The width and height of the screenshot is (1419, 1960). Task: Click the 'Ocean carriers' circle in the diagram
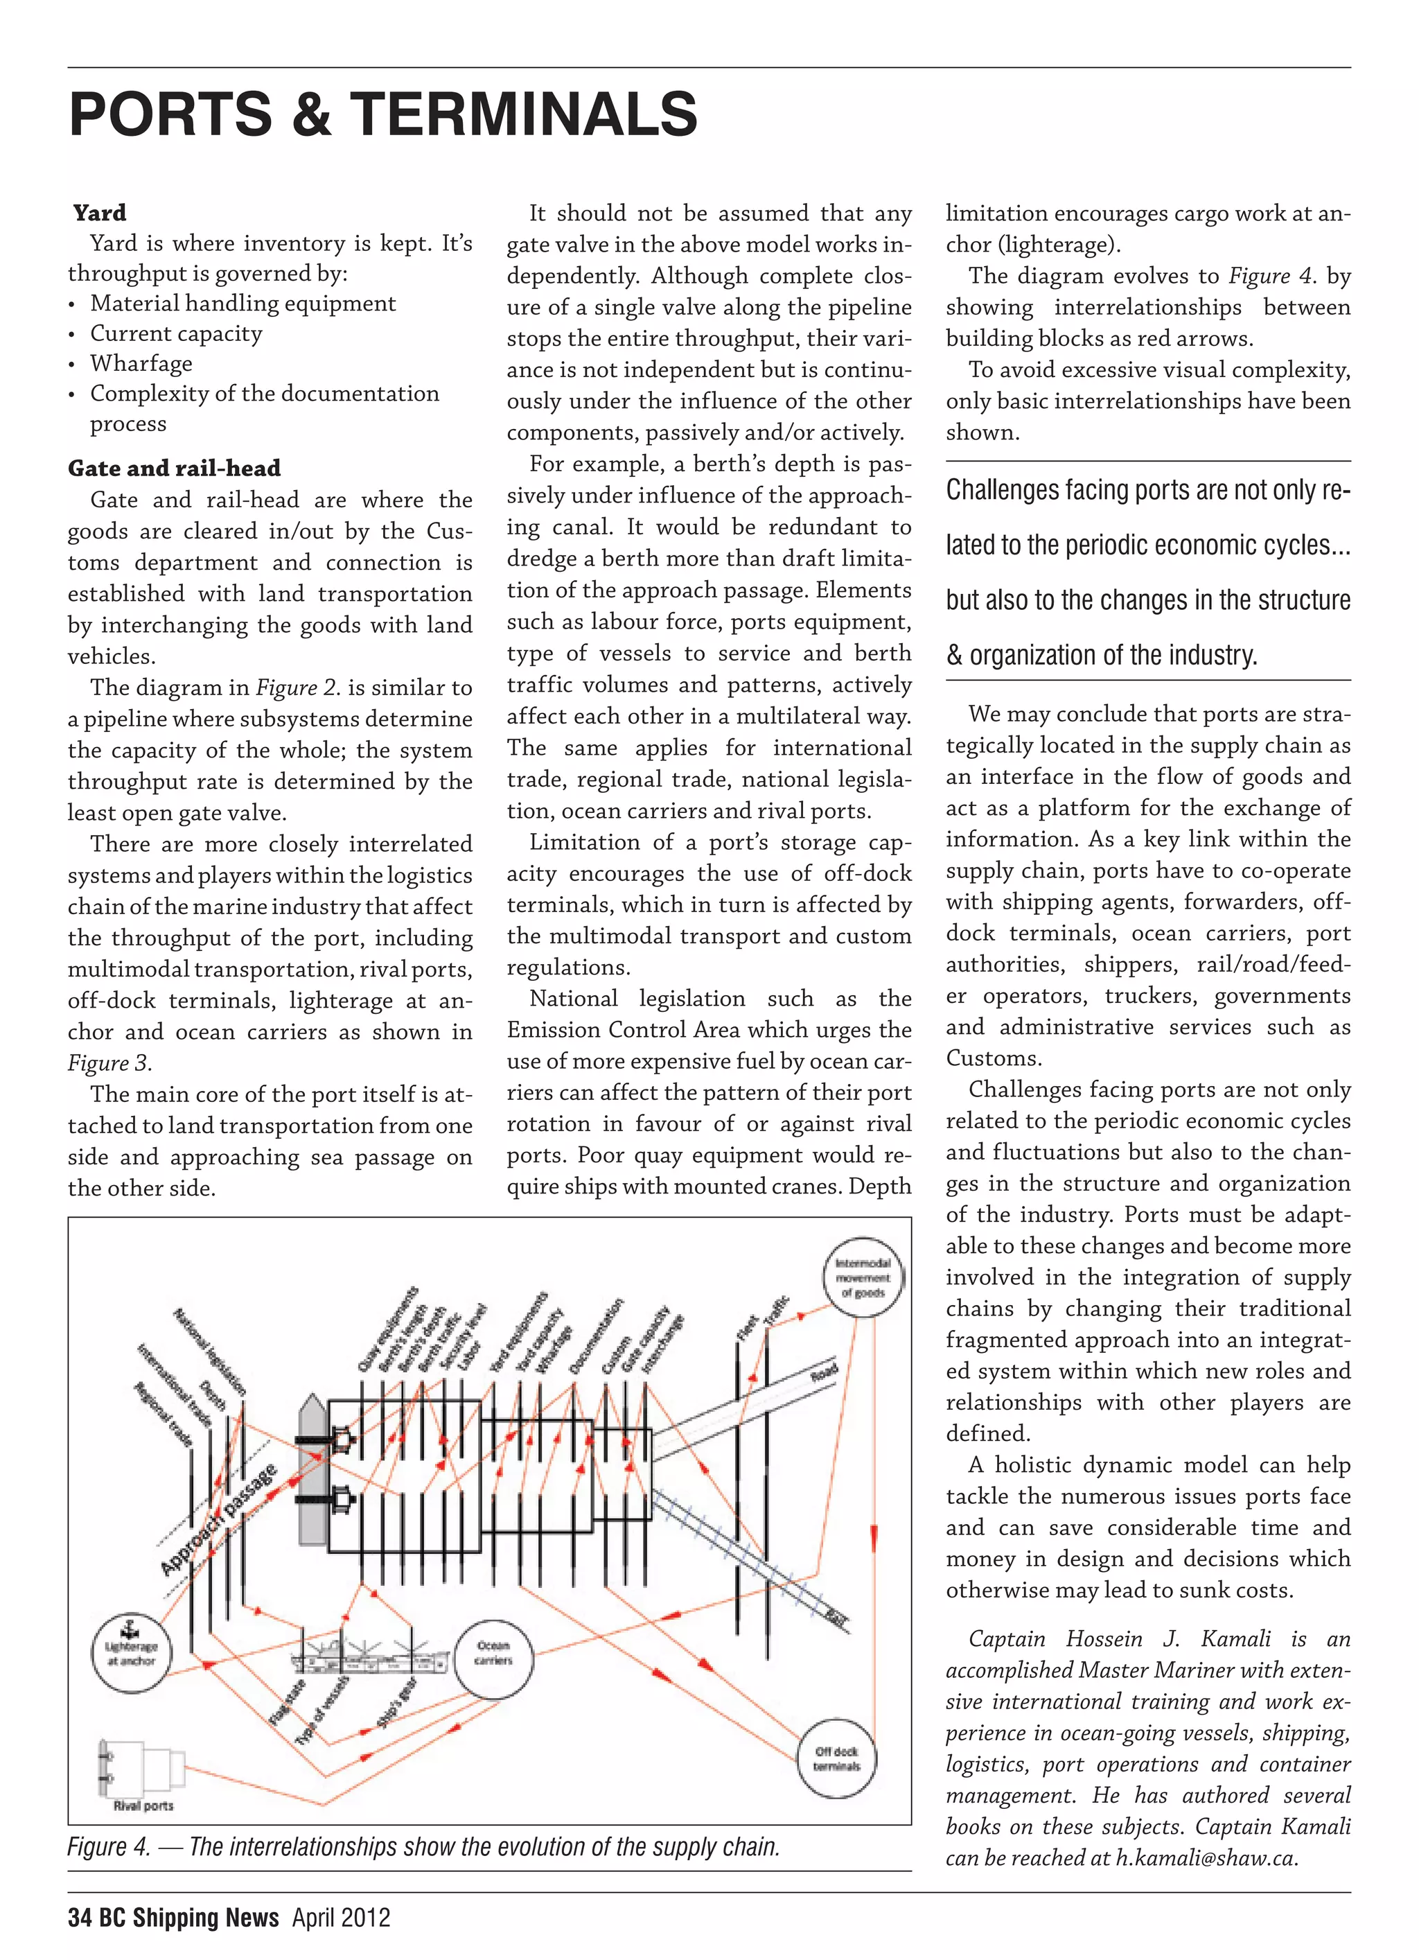493,1653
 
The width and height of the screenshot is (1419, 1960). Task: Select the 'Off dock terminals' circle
836,1758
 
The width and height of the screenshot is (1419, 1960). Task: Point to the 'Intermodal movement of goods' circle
863,1278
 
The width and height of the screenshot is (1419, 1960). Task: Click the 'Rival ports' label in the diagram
143,1805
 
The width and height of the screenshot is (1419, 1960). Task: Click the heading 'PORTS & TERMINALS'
383,114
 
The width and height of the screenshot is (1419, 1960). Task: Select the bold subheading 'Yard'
99,213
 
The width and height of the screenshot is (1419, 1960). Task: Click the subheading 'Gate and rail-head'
175,469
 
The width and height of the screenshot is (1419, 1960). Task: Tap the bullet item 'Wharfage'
141,363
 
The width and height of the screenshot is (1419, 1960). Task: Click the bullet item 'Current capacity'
176,333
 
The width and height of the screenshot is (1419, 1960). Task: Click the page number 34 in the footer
80,1918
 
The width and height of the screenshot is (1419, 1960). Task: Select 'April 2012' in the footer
342,1918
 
